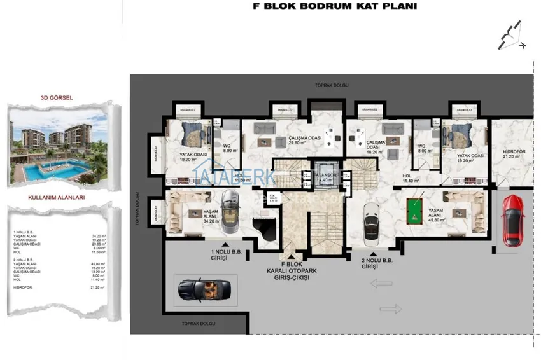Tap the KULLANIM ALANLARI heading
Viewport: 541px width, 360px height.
click(x=57, y=198)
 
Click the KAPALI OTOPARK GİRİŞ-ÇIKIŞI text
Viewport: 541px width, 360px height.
click(x=292, y=275)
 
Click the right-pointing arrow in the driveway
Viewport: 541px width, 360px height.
click(x=392, y=309)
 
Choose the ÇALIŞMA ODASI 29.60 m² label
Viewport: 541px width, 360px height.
click(x=304, y=141)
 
